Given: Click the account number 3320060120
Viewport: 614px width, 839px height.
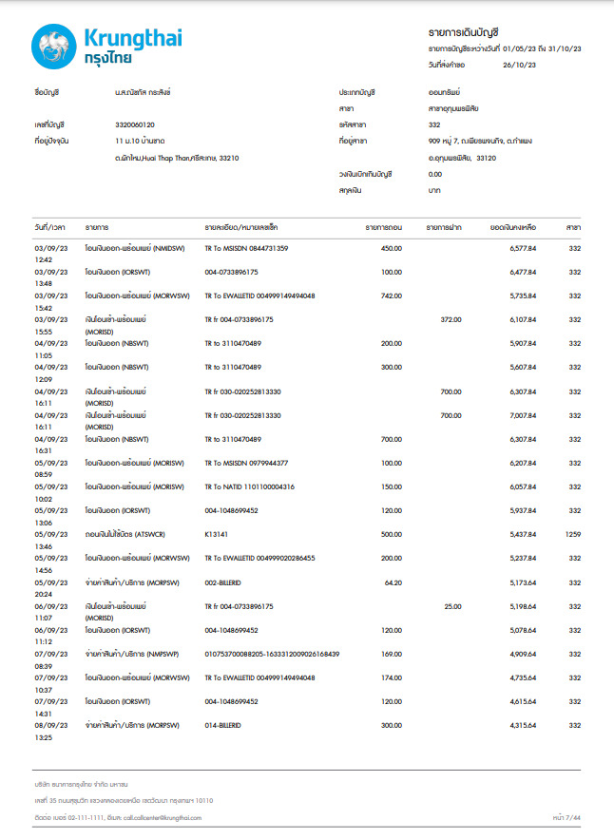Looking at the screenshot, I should pos(134,124).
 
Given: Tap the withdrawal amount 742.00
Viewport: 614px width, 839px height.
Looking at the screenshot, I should pos(392,296).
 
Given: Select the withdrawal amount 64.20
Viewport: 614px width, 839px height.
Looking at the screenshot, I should pos(393,581).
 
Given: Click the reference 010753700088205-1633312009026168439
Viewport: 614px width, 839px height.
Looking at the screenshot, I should pos(272,654).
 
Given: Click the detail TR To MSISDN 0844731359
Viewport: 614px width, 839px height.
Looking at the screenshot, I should pos(246,248).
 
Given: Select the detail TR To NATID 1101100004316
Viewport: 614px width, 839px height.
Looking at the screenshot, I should pos(249,486).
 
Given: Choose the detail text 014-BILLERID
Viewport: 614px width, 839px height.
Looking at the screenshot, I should pos(223,725).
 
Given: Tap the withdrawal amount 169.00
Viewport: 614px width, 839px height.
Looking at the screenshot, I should pos(392,654).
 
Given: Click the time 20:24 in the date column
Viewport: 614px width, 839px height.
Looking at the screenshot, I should pos(43,592).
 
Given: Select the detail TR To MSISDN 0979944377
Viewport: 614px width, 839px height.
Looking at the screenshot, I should pos(246,462).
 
